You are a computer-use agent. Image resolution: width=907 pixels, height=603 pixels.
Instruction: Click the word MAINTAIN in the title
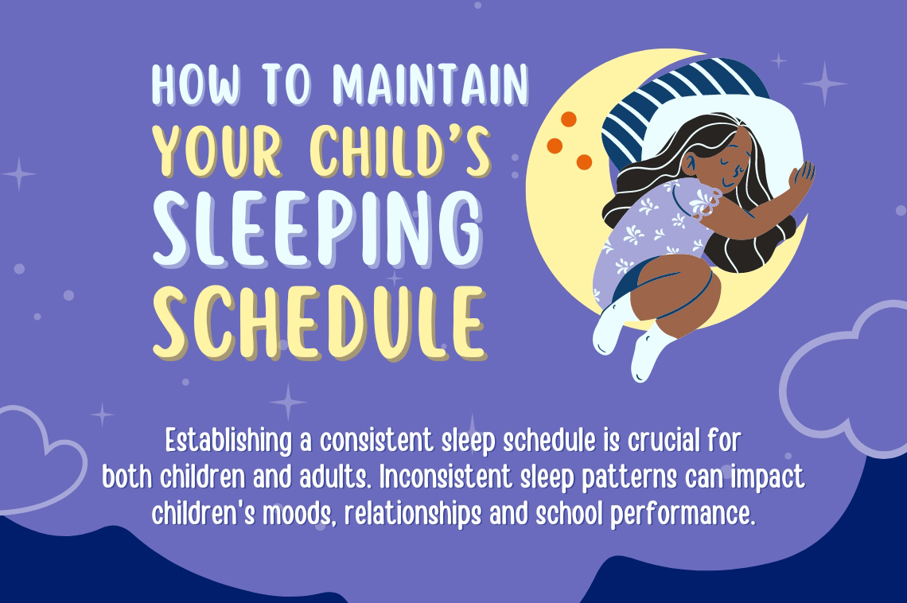(430, 84)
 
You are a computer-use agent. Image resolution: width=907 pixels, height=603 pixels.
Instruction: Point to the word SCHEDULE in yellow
(318, 324)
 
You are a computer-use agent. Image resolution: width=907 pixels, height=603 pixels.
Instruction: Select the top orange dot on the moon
(568, 119)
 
